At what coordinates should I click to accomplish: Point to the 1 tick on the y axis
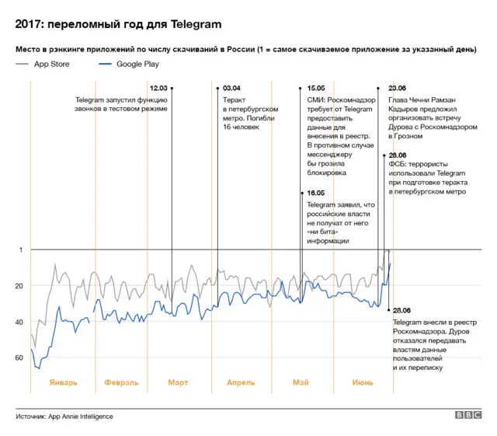click(21, 249)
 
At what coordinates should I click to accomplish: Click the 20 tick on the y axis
click(19, 286)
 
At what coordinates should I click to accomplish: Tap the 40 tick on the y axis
click(19, 322)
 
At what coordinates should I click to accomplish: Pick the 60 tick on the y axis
click(19, 358)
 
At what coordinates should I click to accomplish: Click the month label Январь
click(63, 382)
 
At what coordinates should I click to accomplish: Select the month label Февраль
click(120, 382)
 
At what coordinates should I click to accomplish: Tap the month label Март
click(177, 382)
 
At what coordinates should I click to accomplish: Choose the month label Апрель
click(241, 382)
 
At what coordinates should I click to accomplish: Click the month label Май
click(301, 382)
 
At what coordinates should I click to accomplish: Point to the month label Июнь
click(362, 382)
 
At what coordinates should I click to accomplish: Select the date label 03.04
click(231, 89)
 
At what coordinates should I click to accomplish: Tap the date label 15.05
click(316, 89)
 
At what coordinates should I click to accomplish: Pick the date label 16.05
click(316, 193)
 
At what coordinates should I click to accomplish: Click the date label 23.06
click(397, 89)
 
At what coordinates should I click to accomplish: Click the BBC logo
click(468, 416)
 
